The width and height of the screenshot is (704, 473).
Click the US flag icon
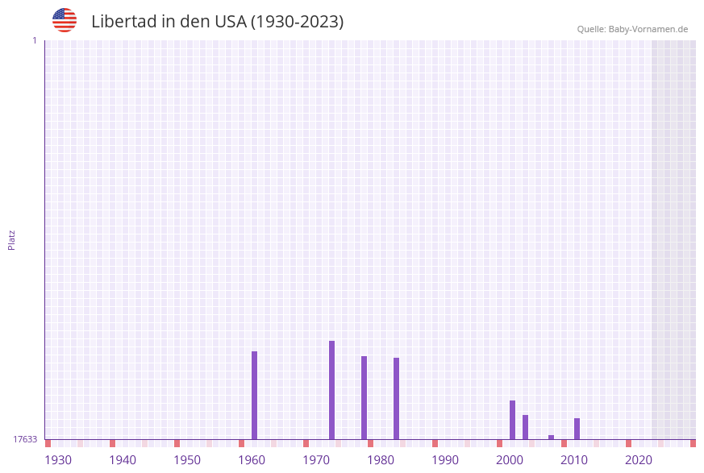point(65,20)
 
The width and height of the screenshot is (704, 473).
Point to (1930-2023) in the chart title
point(298,22)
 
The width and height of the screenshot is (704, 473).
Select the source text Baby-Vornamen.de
point(648,29)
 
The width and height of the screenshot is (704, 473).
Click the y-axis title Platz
point(12,239)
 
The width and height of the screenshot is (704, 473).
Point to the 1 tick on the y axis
point(34,40)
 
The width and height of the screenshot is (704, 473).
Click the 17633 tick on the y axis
point(25,439)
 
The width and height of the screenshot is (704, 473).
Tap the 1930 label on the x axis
point(58,460)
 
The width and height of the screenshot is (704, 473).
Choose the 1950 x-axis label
point(187,460)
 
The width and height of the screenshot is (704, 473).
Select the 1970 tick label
point(316,460)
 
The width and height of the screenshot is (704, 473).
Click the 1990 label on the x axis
point(445,460)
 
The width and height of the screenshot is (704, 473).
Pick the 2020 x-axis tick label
point(639,460)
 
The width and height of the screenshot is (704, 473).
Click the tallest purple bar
point(331,390)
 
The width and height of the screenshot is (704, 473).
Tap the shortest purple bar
point(551,438)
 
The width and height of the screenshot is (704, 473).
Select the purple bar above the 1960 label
point(254,395)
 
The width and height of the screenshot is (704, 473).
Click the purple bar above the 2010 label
point(577,429)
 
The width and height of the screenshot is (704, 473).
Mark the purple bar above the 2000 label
point(512,420)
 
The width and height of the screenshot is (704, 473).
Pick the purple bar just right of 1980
point(396,398)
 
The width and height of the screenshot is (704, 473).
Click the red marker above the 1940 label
point(112,443)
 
